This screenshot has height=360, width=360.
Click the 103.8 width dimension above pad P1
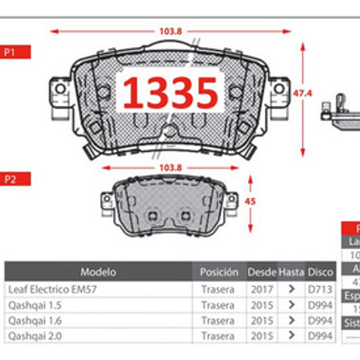(x=171, y=31)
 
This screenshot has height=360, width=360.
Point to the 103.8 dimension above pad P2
(x=171, y=168)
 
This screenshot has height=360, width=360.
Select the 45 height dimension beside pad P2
(x=251, y=201)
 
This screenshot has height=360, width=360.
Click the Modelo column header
(x=98, y=272)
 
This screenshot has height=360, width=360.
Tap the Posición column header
(x=218, y=272)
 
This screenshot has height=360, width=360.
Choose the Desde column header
(x=261, y=272)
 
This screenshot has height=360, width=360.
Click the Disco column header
(x=320, y=272)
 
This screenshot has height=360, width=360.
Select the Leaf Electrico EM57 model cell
(x=52, y=289)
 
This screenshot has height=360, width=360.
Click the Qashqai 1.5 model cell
(x=36, y=305)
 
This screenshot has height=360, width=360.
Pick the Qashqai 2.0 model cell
(x=36, y=336)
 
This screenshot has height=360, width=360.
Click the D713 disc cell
(x=320, y=289)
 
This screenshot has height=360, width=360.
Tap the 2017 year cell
(x=261, y=289)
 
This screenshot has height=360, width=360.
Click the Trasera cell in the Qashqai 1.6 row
(x=217, y=321)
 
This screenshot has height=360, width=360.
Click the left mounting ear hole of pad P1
(x=60, y=89)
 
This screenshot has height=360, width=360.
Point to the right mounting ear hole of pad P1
(x=279, y=89)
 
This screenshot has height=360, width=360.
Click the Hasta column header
(x=291, y=272)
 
